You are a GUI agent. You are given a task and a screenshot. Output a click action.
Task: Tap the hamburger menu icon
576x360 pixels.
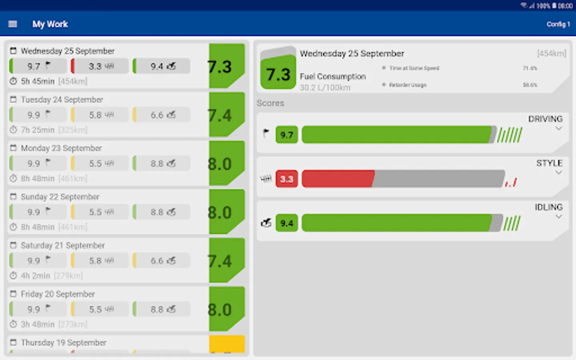point(13,24)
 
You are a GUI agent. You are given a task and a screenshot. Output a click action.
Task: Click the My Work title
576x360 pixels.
point(50,24)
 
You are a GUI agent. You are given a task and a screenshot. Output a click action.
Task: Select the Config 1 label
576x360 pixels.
point(558,24)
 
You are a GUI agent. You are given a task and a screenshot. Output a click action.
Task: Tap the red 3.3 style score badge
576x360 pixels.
point(286,179)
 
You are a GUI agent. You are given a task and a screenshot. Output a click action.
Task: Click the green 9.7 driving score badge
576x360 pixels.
point(286,135)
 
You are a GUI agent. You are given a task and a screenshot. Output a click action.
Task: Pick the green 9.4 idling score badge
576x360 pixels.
point(286,223)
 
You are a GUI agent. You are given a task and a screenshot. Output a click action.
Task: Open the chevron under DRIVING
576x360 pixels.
point(559,129)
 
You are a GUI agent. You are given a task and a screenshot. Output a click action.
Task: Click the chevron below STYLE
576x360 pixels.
point(559,173)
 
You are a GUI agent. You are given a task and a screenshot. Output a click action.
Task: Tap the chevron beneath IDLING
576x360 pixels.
point(559,217)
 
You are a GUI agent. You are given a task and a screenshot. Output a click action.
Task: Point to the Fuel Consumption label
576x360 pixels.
point(333,76)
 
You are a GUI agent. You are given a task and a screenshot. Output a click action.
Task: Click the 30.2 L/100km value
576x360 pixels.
point(325,88)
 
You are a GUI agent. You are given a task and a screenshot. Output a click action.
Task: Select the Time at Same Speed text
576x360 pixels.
point(414,68)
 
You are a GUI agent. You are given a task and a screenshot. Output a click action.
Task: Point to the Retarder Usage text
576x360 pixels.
point(408,85)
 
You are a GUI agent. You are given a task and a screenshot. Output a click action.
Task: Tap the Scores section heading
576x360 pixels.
point(270,103)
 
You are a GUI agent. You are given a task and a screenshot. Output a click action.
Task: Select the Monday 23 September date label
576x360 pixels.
point(61,148)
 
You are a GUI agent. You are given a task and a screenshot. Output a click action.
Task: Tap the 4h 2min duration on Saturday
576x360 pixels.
point(36,276)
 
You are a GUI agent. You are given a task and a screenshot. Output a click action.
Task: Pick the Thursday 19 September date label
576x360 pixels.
point(64,343)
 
